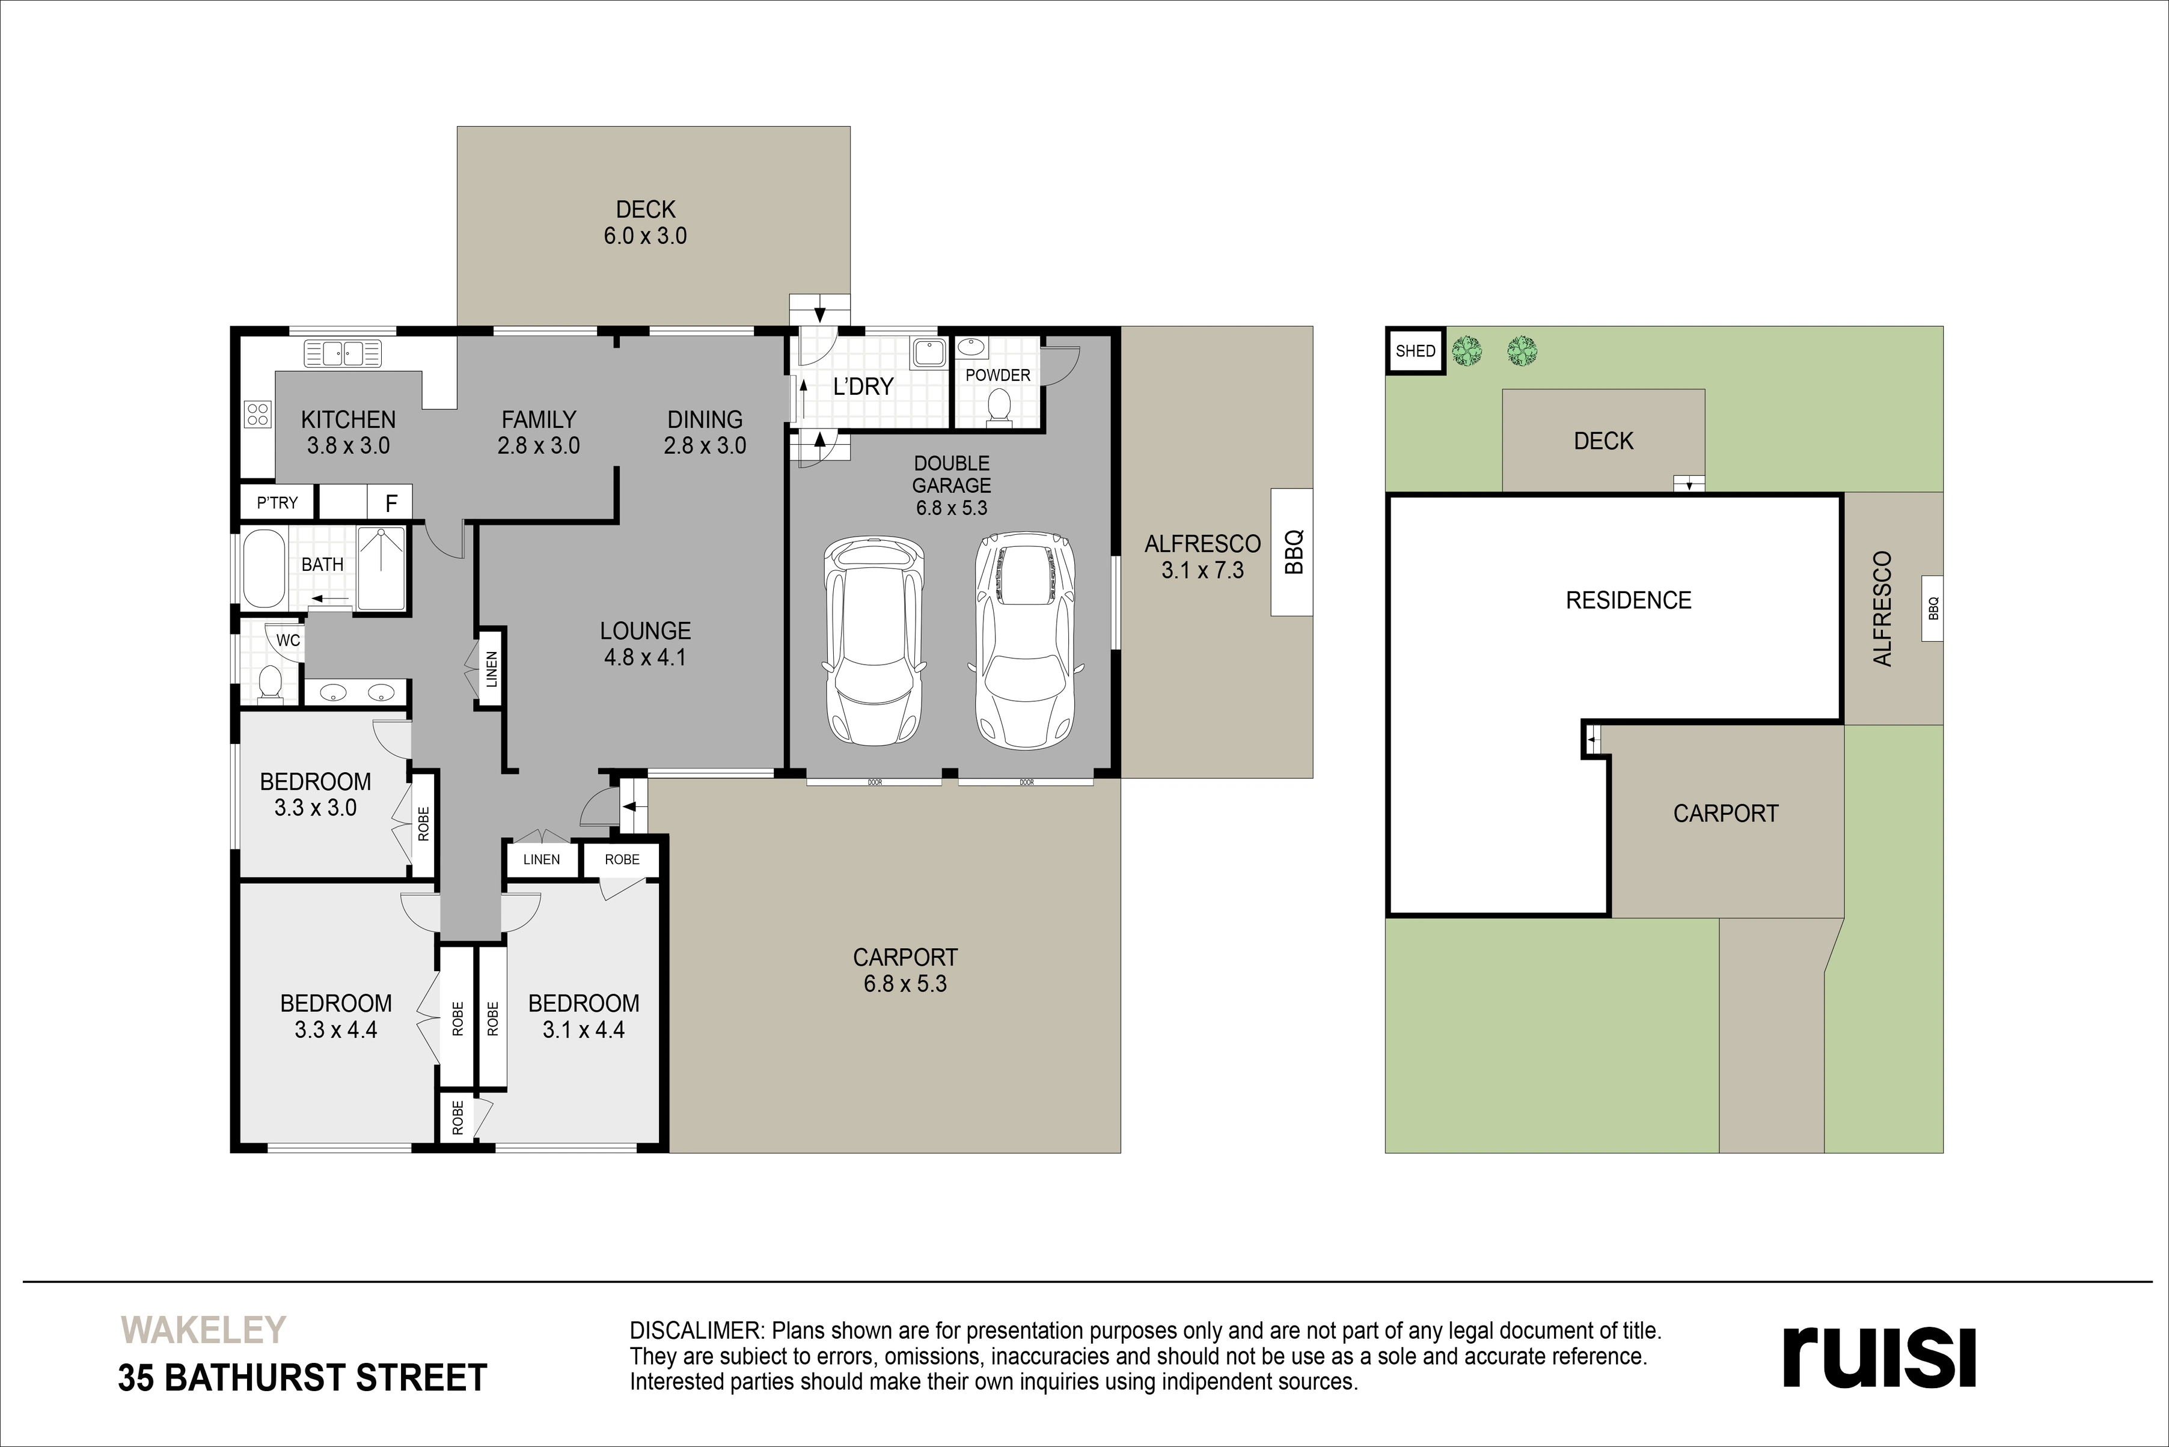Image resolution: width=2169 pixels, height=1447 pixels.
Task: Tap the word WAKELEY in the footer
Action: click(204, 1330)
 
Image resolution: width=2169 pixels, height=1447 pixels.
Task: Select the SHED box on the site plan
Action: click(1416, 351)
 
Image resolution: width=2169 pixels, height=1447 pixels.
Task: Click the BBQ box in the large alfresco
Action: click(1292, 552)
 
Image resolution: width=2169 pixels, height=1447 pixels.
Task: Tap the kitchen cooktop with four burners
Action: click(257, 415)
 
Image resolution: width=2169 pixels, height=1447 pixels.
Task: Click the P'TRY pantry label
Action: click(277, 503)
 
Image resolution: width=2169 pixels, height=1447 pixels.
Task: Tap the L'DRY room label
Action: click(863, 386)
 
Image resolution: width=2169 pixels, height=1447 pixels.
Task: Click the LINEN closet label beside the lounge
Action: click(491, 669)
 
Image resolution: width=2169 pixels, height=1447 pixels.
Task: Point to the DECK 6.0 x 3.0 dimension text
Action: click(645, 236)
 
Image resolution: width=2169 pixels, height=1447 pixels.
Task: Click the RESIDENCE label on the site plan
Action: click(1628, 601)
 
